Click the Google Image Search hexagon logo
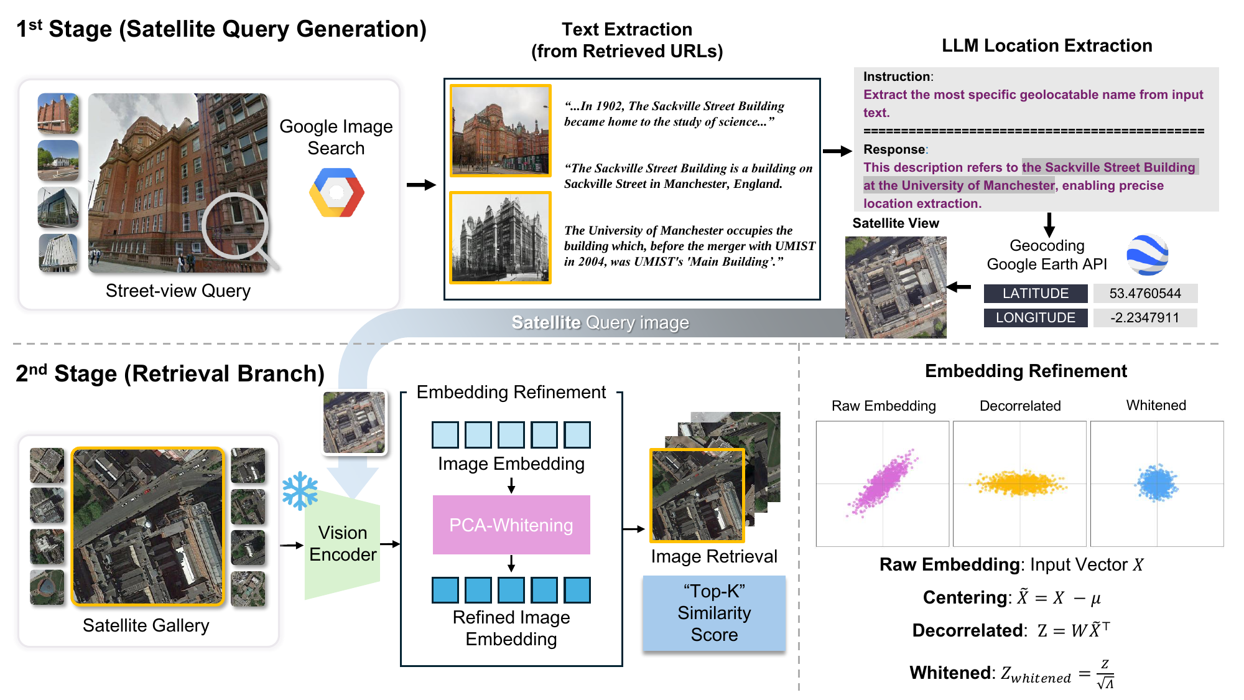337,192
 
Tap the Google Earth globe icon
1148,254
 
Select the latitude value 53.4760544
1144,294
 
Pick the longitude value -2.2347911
1144,318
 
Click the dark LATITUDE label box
1036,294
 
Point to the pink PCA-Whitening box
511,525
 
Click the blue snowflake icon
300,491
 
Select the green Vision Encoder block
343,544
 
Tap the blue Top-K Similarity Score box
714,613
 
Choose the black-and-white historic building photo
501,238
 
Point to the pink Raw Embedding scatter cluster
884,483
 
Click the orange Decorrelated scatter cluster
1020,483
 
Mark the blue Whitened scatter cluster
1157,483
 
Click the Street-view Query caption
178,291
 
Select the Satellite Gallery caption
146,625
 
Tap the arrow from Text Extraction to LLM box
837,151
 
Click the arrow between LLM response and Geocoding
1049,224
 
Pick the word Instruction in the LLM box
898,77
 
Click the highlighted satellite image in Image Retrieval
697,495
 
